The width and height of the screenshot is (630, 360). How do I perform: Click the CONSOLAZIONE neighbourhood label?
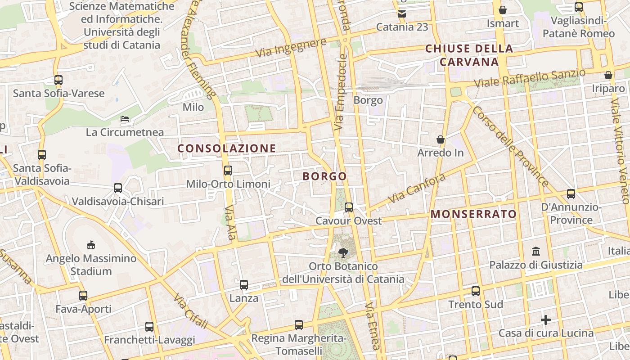coord(226,148)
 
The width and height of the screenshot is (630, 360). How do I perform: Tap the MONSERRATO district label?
coord(473,214)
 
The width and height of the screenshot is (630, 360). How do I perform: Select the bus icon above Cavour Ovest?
coord(349,207)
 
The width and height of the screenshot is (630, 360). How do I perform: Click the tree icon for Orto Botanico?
coord(343,252)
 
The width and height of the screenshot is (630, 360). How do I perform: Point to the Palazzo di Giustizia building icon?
coord(536,251)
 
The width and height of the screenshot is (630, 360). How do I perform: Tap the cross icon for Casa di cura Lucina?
coord(546,320)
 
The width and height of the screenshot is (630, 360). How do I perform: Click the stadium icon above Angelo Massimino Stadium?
coord(91,245)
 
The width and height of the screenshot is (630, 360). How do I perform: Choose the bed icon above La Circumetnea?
coord(125,119)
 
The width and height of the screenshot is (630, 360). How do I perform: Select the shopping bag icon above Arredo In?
coord(441,139)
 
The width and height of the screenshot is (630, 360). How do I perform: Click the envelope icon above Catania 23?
coord(402,14)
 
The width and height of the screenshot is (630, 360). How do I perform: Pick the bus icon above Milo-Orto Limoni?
coord(228,171)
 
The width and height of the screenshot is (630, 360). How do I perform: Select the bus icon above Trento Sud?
coord(476,291)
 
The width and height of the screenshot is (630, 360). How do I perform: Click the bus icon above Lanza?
coord(244,285)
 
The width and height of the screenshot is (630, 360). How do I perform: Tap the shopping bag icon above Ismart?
coord(503,10)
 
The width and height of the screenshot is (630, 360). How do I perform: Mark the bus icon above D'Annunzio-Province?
coord(571,194)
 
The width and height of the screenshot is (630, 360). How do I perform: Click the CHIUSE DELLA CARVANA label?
coord(469,55)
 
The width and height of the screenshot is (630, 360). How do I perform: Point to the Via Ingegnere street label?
coord(291,48)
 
